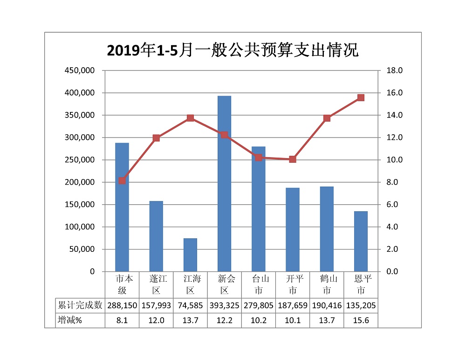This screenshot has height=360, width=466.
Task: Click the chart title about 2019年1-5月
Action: point(233,50)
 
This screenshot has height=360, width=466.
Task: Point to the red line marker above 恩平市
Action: point(361,97)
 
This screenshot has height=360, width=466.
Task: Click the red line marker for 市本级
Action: point(122,180)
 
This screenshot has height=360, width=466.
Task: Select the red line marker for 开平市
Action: point(293,159)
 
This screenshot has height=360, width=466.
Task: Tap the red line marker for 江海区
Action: point(190,118)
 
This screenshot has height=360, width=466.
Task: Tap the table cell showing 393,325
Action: point(225,306)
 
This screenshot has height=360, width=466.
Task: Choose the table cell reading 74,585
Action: point(190,306)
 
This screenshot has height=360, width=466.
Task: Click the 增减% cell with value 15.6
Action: point(361,320)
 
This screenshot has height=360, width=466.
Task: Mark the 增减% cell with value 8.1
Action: point(122,320)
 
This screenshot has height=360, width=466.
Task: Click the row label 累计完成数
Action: point(80,306)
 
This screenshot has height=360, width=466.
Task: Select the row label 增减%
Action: point(69,320)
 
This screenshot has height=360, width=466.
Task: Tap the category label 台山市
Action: point(259,284)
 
